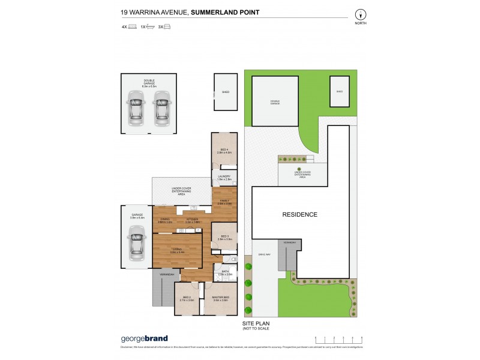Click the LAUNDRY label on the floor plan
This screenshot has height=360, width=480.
tap(224, 177)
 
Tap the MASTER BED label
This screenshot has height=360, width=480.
tap(222, 299)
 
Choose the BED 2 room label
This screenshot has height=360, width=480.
tap(187, 299)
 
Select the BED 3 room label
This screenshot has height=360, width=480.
tap(225, 238)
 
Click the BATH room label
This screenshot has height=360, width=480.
tap(225, 272)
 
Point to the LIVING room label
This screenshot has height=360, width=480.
tap(177, 250)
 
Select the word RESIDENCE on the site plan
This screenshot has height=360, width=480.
tap(300, 214)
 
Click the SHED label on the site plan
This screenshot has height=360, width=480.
tap(339, 92)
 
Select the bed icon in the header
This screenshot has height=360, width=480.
tap(133, 27)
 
